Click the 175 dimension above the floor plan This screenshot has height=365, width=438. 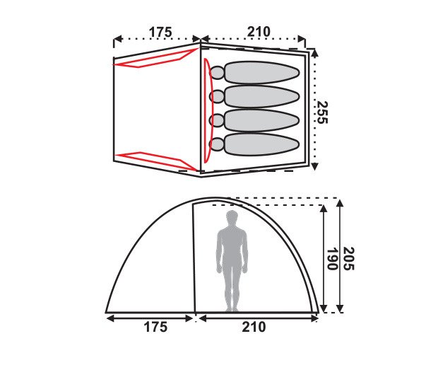point(160,32)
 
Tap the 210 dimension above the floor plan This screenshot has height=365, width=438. point(259,32)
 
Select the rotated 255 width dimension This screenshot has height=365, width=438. point(322,112)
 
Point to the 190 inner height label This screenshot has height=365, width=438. point(332,259)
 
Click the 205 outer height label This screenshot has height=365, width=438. point(348,259)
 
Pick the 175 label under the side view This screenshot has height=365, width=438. point(155,327)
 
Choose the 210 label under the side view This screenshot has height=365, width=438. point(254,327)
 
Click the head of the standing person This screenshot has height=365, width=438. point(232,217)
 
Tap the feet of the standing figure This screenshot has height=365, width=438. point(232,309)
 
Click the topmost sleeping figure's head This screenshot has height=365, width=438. point(217,73)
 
